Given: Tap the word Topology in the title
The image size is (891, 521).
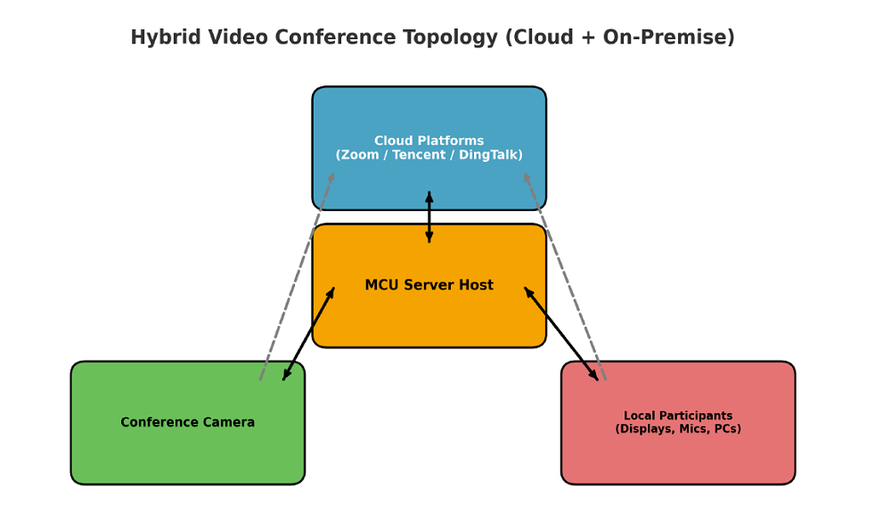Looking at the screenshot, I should pos(453,37).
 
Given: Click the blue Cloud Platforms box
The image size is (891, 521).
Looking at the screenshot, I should pos(429,111).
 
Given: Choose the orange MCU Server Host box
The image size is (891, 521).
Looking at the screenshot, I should pos(429,316).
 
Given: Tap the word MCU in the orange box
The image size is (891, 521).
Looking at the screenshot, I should pos(382,285).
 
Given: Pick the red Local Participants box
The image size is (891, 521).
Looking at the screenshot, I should pos(677,459).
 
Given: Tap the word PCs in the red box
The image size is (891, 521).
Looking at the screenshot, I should pos(725,429).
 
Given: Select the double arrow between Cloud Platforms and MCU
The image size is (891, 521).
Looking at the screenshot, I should pos(429,217).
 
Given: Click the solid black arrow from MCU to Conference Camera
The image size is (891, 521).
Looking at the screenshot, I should pos(308,334).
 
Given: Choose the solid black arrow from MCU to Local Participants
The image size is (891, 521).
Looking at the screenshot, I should pos(561,334).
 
